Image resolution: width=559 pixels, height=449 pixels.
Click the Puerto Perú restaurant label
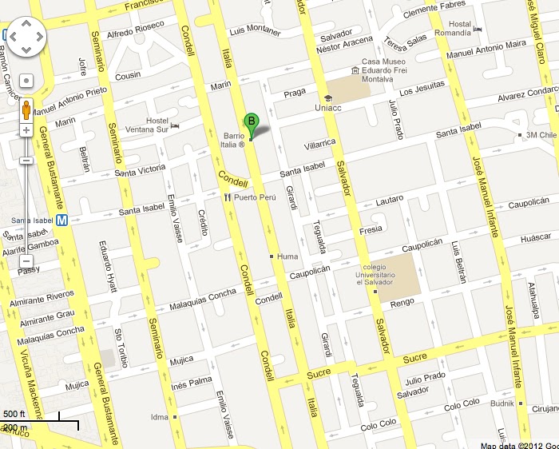[x=249, y=197]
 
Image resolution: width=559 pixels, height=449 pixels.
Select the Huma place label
[x=287, y=256]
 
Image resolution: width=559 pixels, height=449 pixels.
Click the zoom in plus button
[x=26, y=129]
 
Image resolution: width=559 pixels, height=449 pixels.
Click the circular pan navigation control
[x=26, y=36]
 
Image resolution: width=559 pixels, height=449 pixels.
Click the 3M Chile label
[x=541, y=135]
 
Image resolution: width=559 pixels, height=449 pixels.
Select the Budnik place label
[x=501, y=404]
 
